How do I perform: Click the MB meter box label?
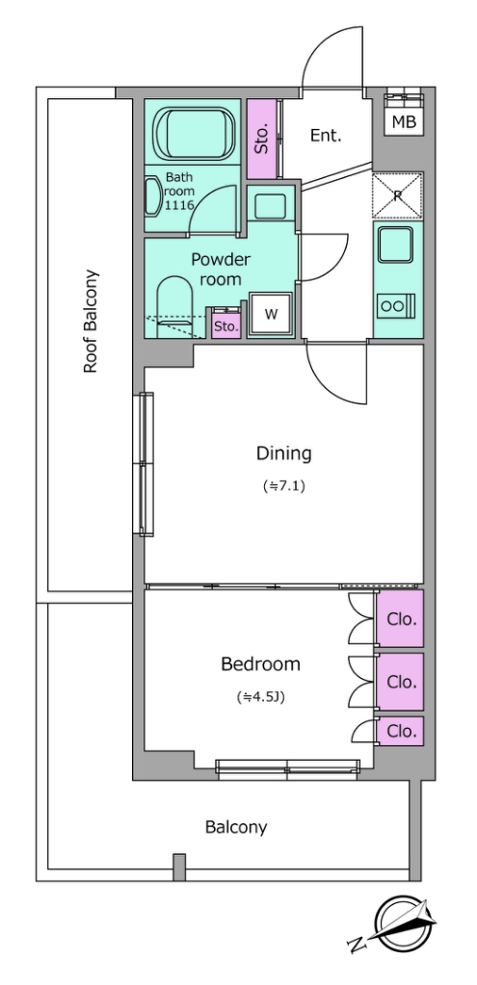pyautogui.click(x=404, y=122)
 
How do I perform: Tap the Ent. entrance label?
pyautogui.click(x=326, y=135)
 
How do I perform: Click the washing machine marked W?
pyautogui.click(x=271, y=315)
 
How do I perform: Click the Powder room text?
pyautogui.click(x=221, y=269)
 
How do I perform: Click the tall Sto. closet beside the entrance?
pyautogui.click(x=261, y=139)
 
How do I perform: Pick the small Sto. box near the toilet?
pyautogui.click(x=225, y=324)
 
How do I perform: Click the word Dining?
pyautogui.click(x=283, y=453)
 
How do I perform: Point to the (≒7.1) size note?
pyautogui.click(x=283, y=485)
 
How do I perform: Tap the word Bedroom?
pyautogui.click(x=260, y=663)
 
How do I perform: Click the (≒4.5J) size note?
pyautogui.click(x=261, y=696)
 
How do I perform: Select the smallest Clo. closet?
pyautogui.click(x=400, y=731)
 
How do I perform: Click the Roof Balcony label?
pyautogui.click(x=92, y=322)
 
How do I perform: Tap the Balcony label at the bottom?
pyautogui.click(x=236, y=827)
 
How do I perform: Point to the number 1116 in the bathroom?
pyautogui.click(x=180, y=205)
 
